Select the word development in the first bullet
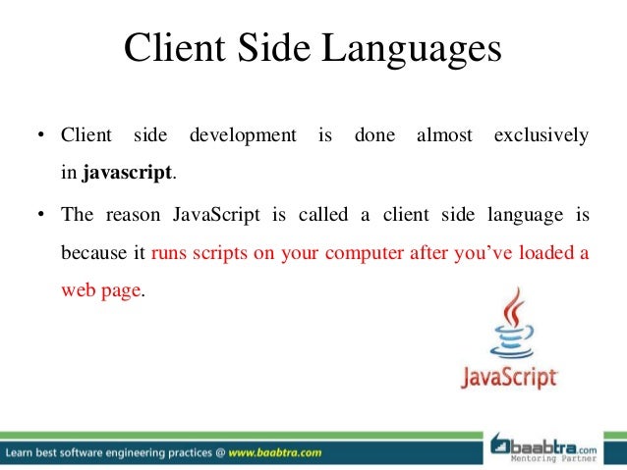[243, 134]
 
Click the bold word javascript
[128, 174]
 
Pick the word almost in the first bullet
[444, 134]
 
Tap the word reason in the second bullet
[131, 213]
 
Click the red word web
[77, 291]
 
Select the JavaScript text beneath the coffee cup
[510, 378]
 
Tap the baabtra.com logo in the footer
[556, 443]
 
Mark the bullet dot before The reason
[42, 213]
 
